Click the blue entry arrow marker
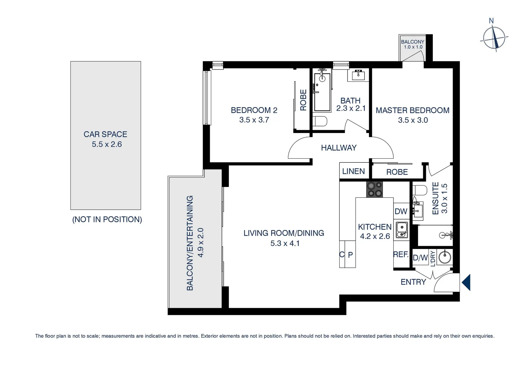[466, 282]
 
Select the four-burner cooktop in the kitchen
[375, 189]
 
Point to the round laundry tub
[445, 257]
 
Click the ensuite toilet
[420, 190]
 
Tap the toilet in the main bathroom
[320, 121]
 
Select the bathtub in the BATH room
[322, 92]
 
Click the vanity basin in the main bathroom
[358, 74]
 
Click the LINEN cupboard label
[353, 171]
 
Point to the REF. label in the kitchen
[401, 255]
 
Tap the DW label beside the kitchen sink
[401, 211]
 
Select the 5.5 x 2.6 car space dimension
[107, 144]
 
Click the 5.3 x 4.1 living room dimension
[285, 243]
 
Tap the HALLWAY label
[339, 148]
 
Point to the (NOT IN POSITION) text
[107, 220]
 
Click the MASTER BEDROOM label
[412, 110]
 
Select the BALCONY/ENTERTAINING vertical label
[190, 243]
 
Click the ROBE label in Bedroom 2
[303, 100]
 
